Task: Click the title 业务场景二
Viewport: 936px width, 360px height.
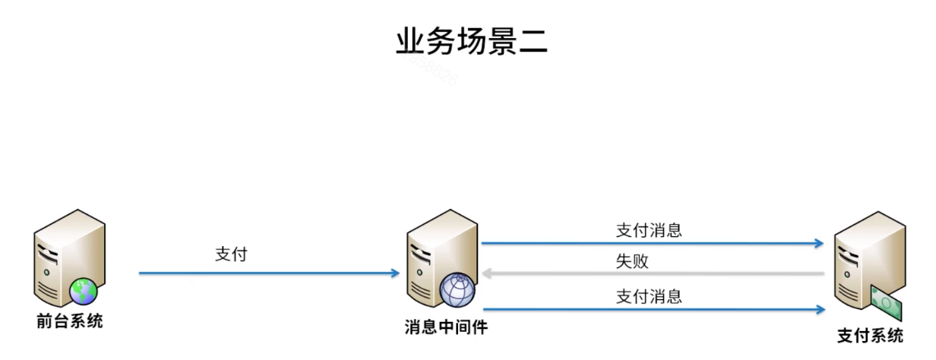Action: point(472,41)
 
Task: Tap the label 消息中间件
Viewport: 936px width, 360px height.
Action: point(446,328)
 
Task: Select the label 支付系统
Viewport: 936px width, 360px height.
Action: point(870,336)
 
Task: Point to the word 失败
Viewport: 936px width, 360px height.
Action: point(632,262)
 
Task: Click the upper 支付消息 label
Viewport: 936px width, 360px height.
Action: point(648,230)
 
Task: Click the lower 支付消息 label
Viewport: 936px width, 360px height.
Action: point(648,297)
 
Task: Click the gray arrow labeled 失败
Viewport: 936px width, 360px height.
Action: point(653,273)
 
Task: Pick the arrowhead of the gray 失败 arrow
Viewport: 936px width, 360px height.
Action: point(486,273)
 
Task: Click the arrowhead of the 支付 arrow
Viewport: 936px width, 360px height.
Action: point(396,273)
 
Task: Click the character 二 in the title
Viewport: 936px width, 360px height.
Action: point(532,43)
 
